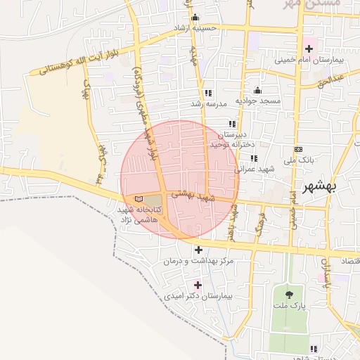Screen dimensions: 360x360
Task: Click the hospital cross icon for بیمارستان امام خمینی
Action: (x=309, y=48)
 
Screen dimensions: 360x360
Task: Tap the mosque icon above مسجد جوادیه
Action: (x=258, y=90)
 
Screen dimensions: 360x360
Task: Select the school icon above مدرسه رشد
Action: (x=207, y=93)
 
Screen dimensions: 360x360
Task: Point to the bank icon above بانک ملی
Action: (x=299, y=149)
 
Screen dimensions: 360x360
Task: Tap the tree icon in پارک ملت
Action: (x=290, y=293)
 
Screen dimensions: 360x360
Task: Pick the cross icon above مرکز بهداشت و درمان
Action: (x=198, y=250)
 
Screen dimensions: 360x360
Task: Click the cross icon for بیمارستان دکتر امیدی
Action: (x=198, y=285)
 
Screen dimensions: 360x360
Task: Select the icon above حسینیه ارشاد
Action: (x=195, y=18)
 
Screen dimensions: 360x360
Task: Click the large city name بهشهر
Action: (x=319, y=187)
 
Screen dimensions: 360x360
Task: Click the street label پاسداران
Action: (x=326, y=275)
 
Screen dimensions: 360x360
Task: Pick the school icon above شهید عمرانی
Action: (x=254, y=158)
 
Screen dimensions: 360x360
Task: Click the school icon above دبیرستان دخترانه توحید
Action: (x=231, y=124)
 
